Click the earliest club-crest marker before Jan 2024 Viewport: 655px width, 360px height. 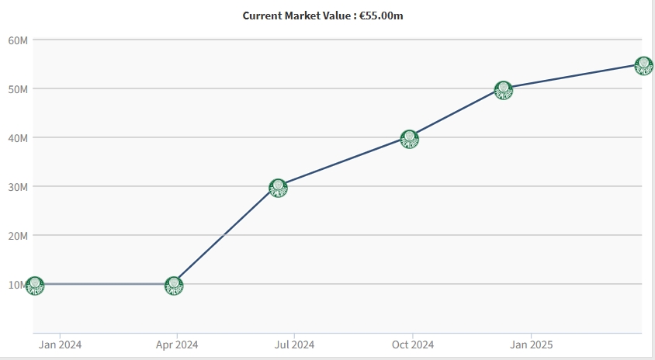coord(34,286)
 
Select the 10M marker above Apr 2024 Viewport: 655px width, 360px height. coord(174,286)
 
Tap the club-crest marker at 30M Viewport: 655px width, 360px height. coord(278,187)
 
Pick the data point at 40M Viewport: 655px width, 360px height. coord(410,139)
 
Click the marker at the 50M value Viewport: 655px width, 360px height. coord(504,90)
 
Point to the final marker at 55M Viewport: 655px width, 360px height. coord(643,65)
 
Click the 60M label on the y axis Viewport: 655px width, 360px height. coord(18,40)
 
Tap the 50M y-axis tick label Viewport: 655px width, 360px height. coord(18,88)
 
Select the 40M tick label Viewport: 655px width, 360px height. coord(18,137)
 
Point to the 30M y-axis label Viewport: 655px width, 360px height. coord(18,186)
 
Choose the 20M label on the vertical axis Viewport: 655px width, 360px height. coord(18,235)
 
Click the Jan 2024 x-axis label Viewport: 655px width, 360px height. coord(60,344)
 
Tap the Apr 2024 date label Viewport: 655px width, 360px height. coord(177,344)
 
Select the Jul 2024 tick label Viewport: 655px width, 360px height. coord(295,344)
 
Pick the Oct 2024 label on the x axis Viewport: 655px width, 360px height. coord(413,344)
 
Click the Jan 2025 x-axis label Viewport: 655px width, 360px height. coord(531,344)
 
